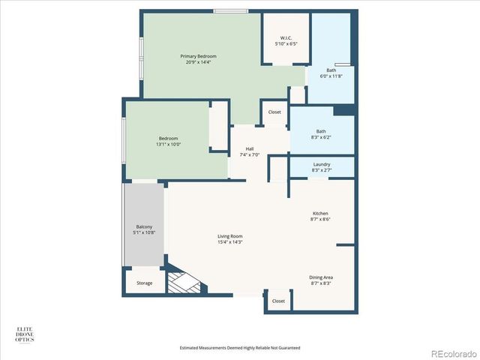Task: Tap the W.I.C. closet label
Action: point(286,40)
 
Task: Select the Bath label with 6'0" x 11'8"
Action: point(331,73)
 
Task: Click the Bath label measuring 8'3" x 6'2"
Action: point(321,134)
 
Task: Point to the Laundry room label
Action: point(321,167)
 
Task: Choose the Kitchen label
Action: point(319,216)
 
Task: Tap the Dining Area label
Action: point(320,280)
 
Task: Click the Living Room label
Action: point(230,238)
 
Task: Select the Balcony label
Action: point(145,229)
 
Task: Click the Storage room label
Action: point(144,283)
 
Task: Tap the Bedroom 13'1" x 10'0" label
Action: point(169,141)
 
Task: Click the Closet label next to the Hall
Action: point(274,112)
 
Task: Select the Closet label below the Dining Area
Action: point(278,301)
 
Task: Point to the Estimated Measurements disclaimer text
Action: point(240,348)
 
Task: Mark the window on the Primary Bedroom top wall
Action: point(226,10)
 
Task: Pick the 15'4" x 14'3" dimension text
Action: point(230,242)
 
